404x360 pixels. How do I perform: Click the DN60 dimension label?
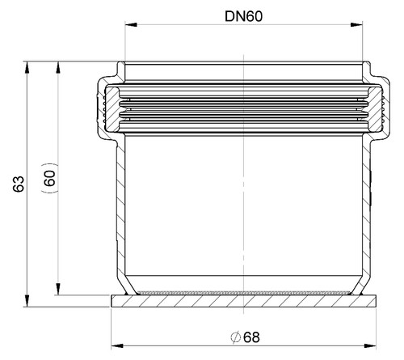(243, 16)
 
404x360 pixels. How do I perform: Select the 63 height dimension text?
(19, 184)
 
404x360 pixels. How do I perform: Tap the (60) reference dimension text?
(49, 178)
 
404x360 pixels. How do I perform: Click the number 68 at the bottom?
(251, 337)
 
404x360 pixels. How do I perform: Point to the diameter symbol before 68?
(236, 337)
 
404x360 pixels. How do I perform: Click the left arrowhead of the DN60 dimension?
(131, 25)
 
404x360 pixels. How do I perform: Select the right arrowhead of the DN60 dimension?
(356, 25)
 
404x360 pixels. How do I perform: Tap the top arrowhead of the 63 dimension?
(27, 67)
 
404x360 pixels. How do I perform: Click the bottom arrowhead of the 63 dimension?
(27, 301)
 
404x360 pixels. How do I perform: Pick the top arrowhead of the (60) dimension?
(57, 67)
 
